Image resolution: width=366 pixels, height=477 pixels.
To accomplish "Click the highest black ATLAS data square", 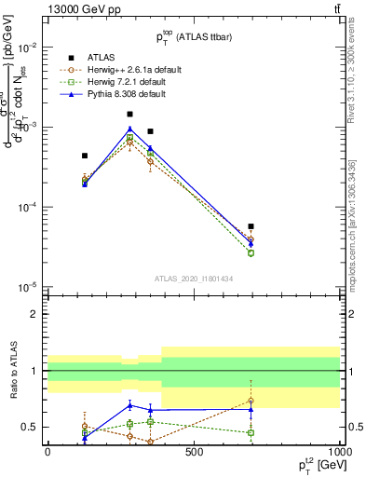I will [129, 115].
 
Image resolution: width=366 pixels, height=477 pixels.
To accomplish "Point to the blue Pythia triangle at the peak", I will [129, 129].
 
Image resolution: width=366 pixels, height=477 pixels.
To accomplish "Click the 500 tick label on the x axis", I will [194, 453].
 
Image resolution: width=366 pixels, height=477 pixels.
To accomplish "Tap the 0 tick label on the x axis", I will [47, 453].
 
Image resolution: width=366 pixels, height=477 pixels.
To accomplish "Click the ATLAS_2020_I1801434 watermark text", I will [192, 279].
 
